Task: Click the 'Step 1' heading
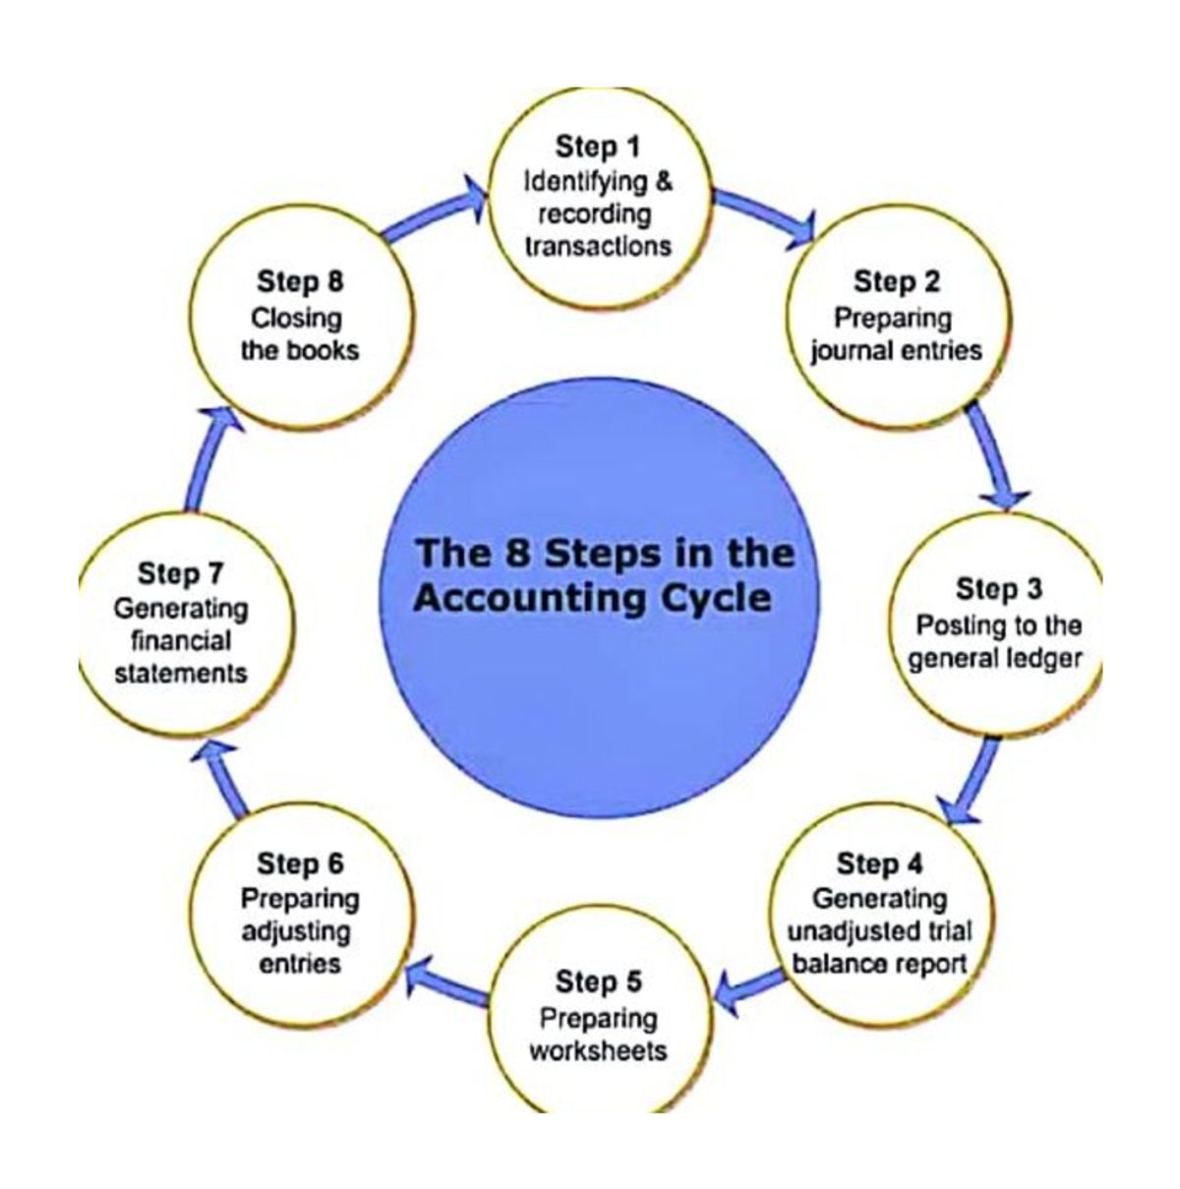(597, 148)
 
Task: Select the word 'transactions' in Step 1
(598, 245)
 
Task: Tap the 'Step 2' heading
(896, 282)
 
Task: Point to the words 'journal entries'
(896, 350)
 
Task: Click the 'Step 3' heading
(998, 589)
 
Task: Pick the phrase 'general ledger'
(994, 657)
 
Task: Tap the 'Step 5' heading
(598, 981)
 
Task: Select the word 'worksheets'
(598, 1050)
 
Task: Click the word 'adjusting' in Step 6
(296, 930)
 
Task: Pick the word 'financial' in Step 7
(182, 641)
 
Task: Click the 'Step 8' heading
(300, 282)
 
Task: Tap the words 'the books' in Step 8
(300, 350)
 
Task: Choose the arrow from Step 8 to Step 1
(433, 211)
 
